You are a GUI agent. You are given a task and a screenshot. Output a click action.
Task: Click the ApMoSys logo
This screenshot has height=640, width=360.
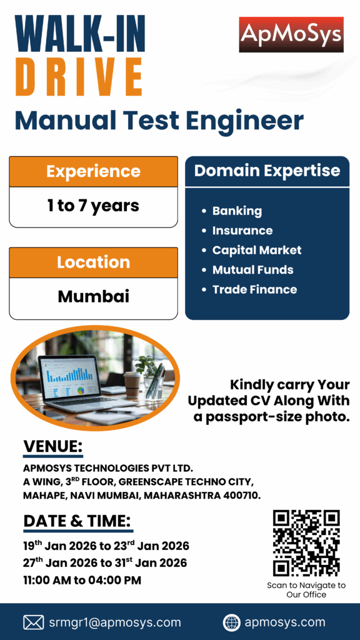click(x=291, y=35)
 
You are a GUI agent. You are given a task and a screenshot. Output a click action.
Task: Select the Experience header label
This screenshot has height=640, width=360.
click(x=93, y=171)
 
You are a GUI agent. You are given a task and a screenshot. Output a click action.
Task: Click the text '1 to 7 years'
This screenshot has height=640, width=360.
click(x=93, y=206)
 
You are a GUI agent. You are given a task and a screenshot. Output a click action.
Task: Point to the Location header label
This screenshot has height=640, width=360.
click(x=93, y=262)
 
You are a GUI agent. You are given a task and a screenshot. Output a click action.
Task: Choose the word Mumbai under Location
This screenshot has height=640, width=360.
click(x=94, y=296)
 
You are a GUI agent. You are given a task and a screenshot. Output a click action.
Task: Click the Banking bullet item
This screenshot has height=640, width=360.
click(x=237, y=211)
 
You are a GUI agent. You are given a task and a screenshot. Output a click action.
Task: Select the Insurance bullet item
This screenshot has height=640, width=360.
click(x=242, y=231)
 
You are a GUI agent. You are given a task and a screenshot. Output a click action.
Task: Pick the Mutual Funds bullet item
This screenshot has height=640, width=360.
click(x=252, y=270)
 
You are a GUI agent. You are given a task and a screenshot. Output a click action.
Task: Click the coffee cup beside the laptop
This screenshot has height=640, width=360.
click(x=131, y=384)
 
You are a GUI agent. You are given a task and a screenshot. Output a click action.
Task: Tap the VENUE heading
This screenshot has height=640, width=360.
click(x=53, y=446)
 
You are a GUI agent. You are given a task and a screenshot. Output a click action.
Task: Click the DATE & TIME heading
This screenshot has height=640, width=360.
click(x=77, y=521)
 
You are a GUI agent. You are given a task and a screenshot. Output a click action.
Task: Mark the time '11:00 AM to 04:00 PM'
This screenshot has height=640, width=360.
click(x=82, y=580)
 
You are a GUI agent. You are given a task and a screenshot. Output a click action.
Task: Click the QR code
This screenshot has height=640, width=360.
click(x=306, y=543)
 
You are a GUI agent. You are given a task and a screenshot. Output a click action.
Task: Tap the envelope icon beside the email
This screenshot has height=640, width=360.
click(x=34, y=622)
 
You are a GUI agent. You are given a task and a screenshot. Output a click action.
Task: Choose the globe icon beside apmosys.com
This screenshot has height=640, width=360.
click(x=231, y=623)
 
